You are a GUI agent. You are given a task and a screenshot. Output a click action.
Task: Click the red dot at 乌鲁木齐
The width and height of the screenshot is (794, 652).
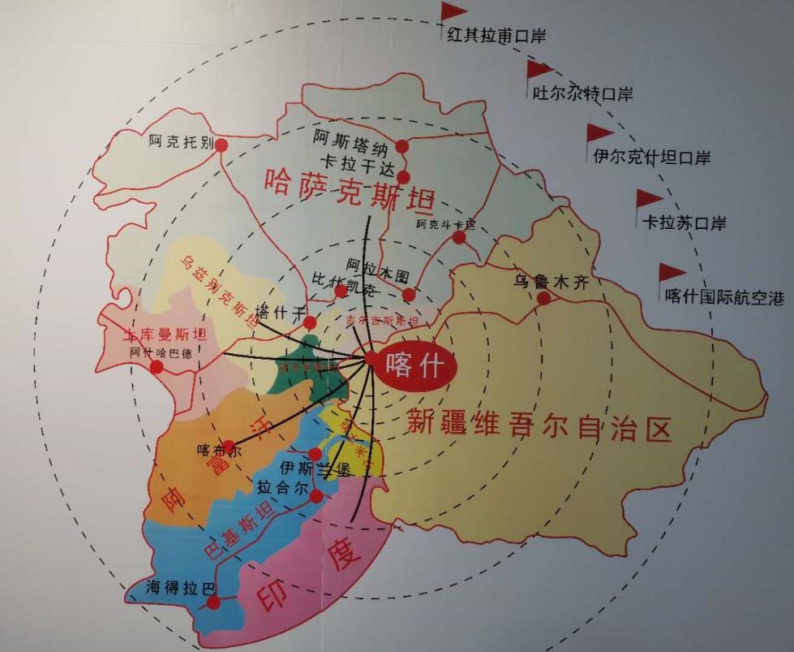[x=543, y=298]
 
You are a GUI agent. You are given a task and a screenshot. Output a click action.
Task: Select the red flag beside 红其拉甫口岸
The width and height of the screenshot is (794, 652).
[x=453, y=12]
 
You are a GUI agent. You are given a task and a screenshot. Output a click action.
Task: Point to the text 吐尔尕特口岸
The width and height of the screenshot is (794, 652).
[x=582, y=93]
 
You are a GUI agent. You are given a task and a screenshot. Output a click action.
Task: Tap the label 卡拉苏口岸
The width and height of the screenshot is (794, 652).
[x=684, y=222]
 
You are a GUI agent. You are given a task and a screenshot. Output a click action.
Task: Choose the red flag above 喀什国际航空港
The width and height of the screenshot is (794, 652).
[x=671, y=273]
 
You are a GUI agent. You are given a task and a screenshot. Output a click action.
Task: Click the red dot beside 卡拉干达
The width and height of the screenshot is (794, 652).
[x=403, y=177]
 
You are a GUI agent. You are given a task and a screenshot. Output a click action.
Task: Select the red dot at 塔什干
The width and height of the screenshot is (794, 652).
[x=309, y=322]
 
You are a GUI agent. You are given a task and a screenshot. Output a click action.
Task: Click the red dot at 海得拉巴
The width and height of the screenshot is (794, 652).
[x=212, y=602]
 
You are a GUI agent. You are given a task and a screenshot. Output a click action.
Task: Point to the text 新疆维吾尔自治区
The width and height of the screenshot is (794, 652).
[x=539, y=424]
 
